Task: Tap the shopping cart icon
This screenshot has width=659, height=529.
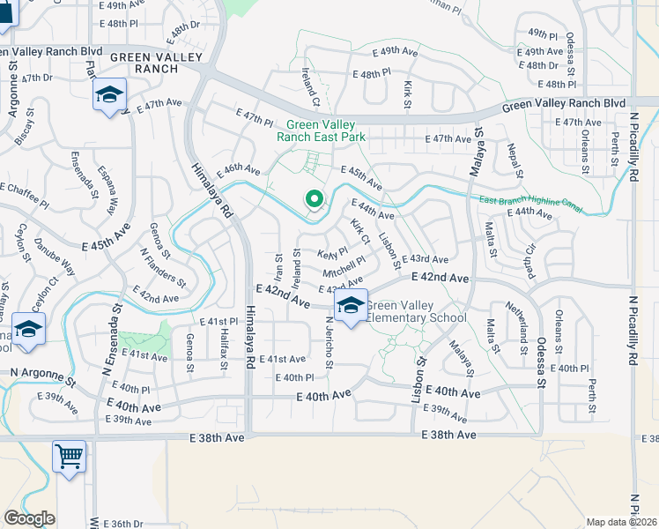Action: (69, 457)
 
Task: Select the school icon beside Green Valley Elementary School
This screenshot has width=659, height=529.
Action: (351, 307)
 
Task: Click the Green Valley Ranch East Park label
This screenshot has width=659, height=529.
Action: (321, 130)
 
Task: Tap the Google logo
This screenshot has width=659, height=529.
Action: (29, 518)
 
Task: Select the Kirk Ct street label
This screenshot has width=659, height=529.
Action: (359, 234)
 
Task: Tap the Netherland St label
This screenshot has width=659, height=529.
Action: (522, 323)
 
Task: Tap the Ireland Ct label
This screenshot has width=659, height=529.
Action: (308, 84)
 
